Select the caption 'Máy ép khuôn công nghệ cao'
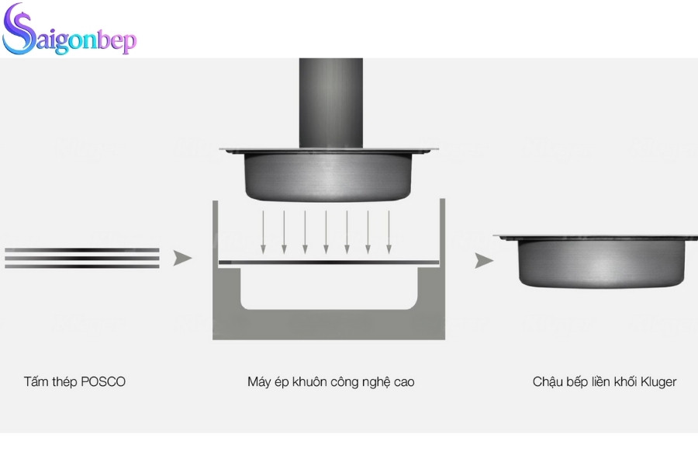pyautogui.click(x=331, y=382)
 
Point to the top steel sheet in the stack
pyautogui.click(x=81, y=250)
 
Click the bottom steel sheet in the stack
pyautogui.click(x=81, y=266)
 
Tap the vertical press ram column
pyautogui.click(x=331, y=101)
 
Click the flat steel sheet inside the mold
pyautogui.click(x=330, y=263)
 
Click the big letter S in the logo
pyautogui.click(x=19, y=33)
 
